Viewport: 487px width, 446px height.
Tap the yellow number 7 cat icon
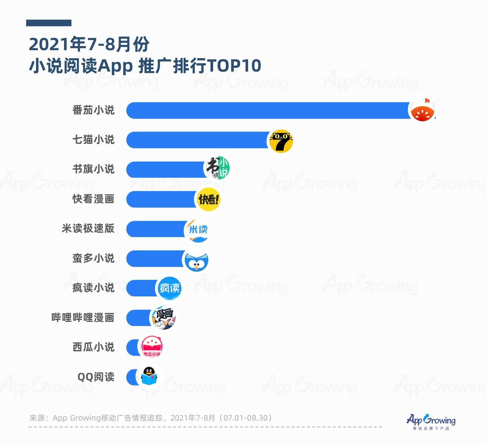(x=281, y=141)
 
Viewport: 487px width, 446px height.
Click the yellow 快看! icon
(x=208, y=199)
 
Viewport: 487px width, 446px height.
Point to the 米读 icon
(x=198, y=230)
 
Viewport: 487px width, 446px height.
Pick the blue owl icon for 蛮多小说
(x=196, y=260)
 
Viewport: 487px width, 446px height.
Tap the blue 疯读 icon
(x=169, y=288)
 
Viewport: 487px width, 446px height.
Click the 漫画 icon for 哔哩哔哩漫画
(x=163, y=318)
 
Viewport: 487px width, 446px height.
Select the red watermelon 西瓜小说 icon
(x=151, y=347)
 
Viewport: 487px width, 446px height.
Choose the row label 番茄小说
(x=93, y=110)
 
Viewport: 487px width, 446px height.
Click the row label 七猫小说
(x=93, y=140)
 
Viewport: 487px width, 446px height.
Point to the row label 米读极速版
(x=88, y=229)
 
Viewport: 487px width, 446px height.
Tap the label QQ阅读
(x=96, y=377)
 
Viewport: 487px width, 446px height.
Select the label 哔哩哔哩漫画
(x=83, y=318)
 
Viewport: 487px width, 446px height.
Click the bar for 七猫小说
(x=197, y=140)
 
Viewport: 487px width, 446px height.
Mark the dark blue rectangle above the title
(x=49, y=23)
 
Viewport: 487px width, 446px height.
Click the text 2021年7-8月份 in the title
(x=89, y=45)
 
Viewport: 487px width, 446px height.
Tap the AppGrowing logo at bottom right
(x=431, y=421)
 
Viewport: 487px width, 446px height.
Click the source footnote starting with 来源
(x=151, y=418)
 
